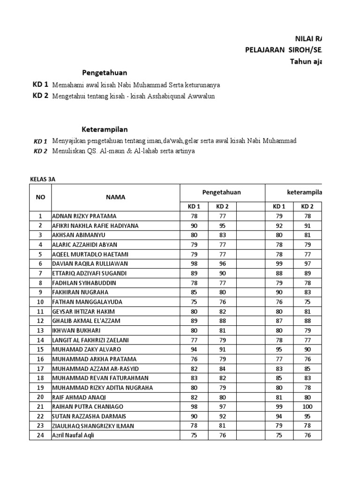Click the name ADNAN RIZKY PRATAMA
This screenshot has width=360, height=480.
pyautogui.click(x=84, y=216)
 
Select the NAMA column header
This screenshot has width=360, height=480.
pyautogui.click(x=115, y=197)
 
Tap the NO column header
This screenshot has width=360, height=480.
pyautogui.click(x=40, y=197)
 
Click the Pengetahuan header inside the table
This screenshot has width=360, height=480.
pyautogui.click(x=222, y=192)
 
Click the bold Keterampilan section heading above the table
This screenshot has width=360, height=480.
pyautogui.click(x=105, y=129)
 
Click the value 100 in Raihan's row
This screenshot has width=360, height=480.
pyautogui.click(x=307, y=406)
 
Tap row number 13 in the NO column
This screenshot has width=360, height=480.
pyautogui.click(x=40, y=330)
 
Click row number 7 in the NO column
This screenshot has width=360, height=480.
pyautogui.click(x=40, y=273)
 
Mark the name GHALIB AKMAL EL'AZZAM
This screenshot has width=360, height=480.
pyautogui.click(x=86, y=321)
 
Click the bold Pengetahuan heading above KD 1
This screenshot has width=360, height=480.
pyautogui.click(x=105, y=73)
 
